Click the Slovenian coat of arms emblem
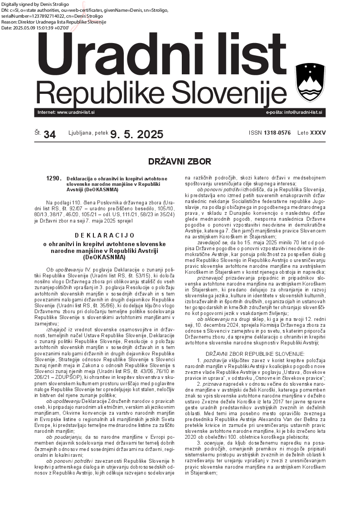pos(310,82)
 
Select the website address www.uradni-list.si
pos(76,112)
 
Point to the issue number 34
pos(50,135)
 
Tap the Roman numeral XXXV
pos(317,133)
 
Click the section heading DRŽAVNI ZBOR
pos(180,161)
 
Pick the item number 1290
pos(54,179)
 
